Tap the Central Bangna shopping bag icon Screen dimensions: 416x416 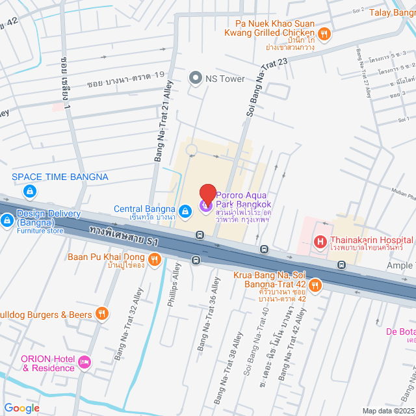point(185,209)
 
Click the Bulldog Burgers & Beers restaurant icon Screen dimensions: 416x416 point(101,315)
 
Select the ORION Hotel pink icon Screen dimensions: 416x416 point(83,362)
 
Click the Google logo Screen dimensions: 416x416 point(21,408)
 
